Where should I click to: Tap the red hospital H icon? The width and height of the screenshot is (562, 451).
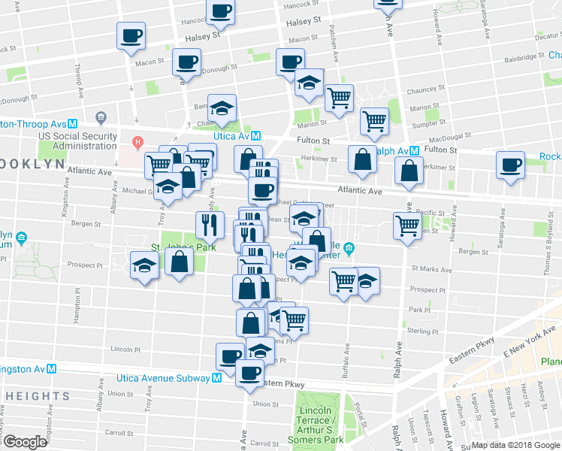pos(137,141)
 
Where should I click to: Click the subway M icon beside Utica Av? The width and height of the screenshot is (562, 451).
pos(255,136)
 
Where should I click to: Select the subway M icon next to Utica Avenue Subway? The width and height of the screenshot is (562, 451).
pos(216,378)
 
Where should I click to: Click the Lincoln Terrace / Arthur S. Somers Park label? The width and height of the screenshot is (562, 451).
pos(323,425)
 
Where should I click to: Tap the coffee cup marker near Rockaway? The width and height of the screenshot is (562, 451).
pos(510,165)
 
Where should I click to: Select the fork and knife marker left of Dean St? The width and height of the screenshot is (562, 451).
pos(210,223)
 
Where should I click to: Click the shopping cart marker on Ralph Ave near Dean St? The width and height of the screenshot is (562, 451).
pos(406,225)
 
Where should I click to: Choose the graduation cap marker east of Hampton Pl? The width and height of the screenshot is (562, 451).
pos(144,266)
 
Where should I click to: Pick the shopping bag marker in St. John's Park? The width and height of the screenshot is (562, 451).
pos(180,264)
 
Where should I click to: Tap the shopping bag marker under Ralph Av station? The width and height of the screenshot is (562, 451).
pos(408,171)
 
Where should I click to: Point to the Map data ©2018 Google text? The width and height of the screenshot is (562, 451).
pos(515,445)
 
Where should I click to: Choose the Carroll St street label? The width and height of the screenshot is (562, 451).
pos(119,433)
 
